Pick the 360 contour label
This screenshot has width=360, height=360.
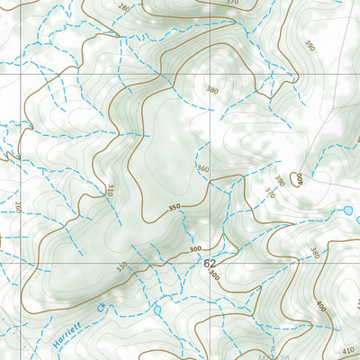click(x=202, y=169)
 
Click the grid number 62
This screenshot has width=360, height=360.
click(x=210, y=262)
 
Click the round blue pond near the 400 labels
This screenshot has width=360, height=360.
click(x=347, y=211)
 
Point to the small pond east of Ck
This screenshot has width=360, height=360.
click(x=157, y=310)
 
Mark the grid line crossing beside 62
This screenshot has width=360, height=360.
click(x=219, y=262)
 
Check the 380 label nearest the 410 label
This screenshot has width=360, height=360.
click(x=314, y=253)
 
